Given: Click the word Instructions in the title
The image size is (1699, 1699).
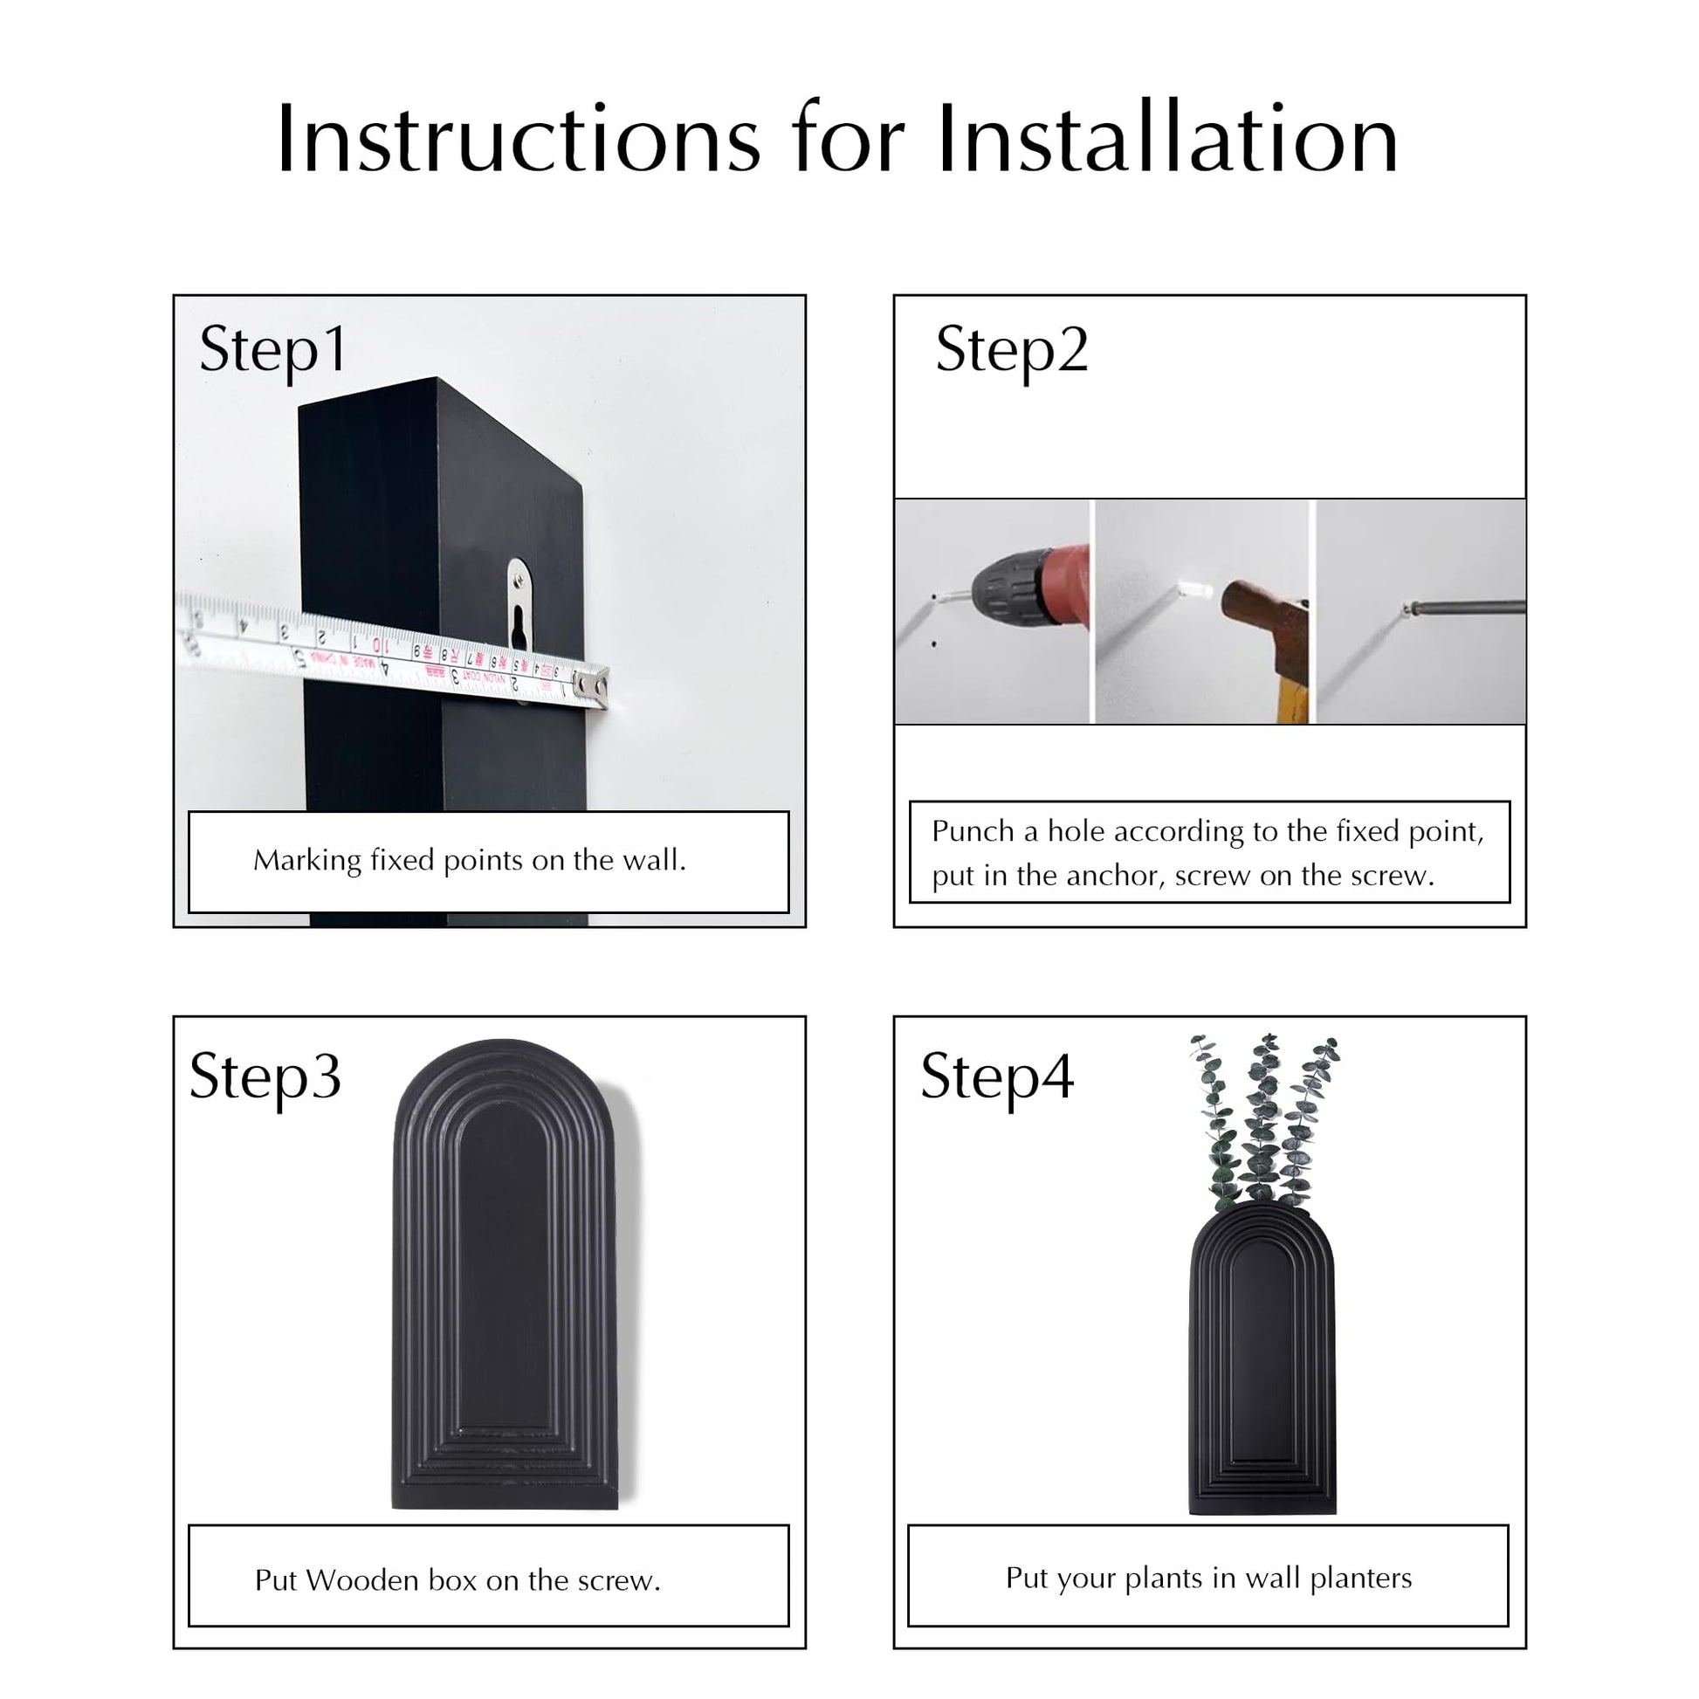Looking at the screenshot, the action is pyautogui.click(x=518, y=139).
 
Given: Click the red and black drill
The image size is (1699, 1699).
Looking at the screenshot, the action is pyautogui.click(x=1028, y=586).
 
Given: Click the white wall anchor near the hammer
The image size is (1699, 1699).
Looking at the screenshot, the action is pyautogui.click(x=1199, y=591).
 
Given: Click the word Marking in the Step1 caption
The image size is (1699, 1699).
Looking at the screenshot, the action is pyautogui.click(x=307, y=861).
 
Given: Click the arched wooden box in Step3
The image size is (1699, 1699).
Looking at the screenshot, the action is pyautogui.click(x=506, y=1276).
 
